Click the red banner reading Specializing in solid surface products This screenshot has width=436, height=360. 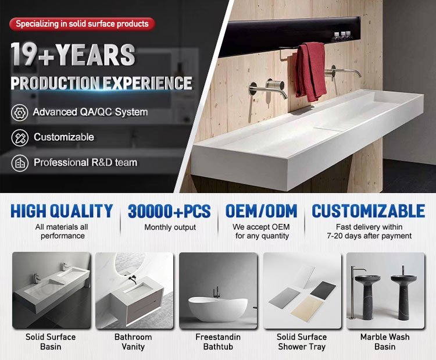82,24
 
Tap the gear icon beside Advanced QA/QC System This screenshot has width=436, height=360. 19,113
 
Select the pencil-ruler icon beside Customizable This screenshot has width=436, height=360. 20,138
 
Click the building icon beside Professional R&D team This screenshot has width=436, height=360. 20,163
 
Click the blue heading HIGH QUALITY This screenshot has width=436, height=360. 62,211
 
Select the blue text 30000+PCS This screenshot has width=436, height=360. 169,212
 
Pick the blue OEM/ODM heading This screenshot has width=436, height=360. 262,211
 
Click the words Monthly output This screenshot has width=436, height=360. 170,227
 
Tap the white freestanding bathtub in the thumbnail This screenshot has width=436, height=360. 218,308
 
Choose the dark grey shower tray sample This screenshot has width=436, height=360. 323,290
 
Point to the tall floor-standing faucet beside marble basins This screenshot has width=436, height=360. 355,292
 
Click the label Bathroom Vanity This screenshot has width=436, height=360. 133,342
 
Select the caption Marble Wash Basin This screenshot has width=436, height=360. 385,342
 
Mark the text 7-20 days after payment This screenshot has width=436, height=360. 369,236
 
